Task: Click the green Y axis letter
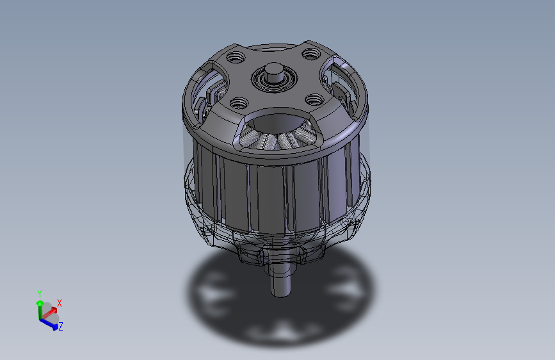tap(39, 294)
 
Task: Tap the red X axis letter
tap(60, 302)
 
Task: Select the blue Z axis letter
tap(61, 327)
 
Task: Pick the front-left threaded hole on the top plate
tap(239, 102)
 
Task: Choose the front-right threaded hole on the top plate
tap(314, 99)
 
